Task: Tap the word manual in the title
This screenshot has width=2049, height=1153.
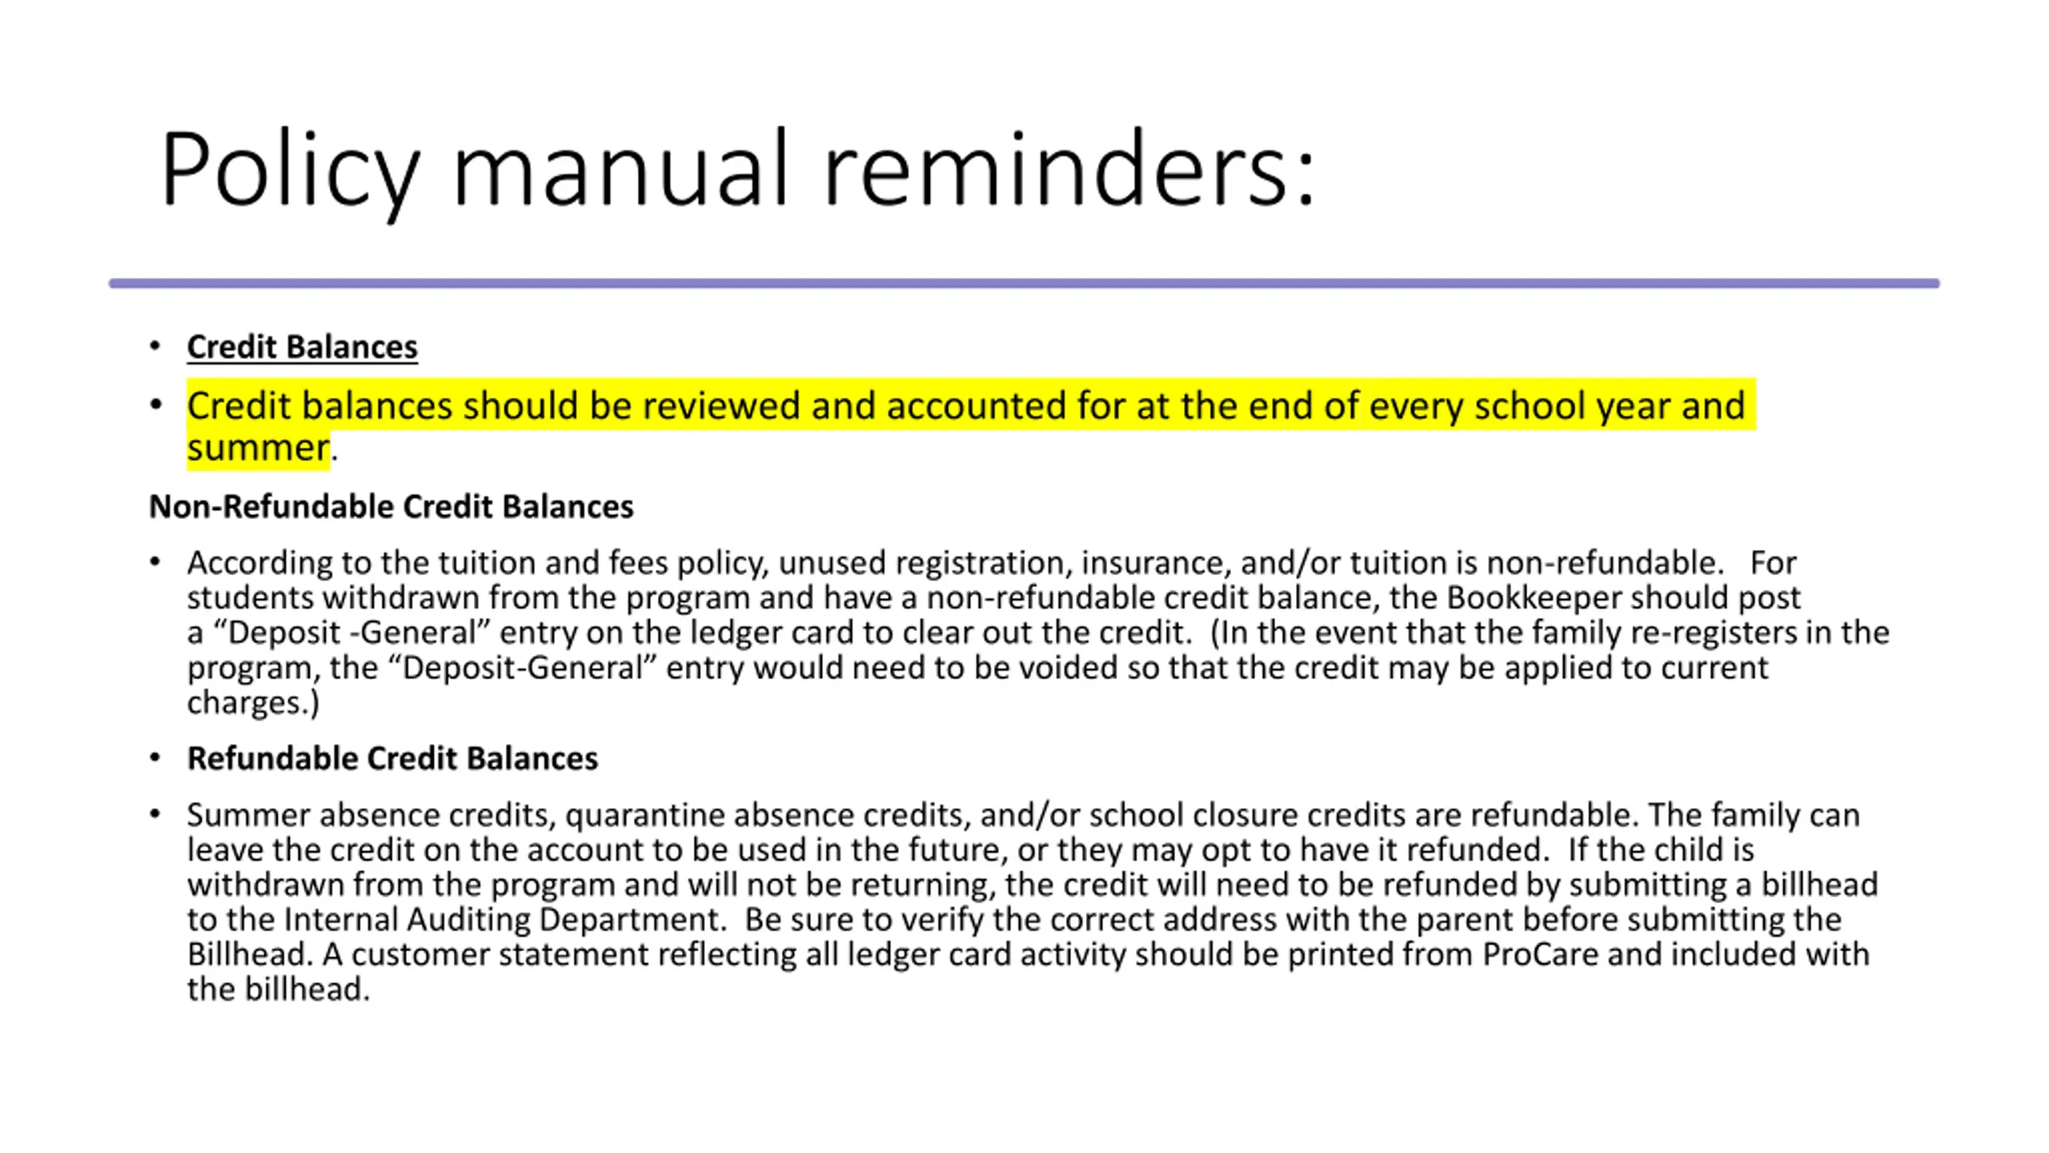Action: click(621, 170)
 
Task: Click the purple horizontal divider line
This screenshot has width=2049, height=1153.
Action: click(1024, 283)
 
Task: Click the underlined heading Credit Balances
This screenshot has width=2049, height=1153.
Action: click(302, 347)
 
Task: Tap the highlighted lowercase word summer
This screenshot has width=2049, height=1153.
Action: click(258, 448)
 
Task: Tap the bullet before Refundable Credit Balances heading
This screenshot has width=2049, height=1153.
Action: click(155, 757)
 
